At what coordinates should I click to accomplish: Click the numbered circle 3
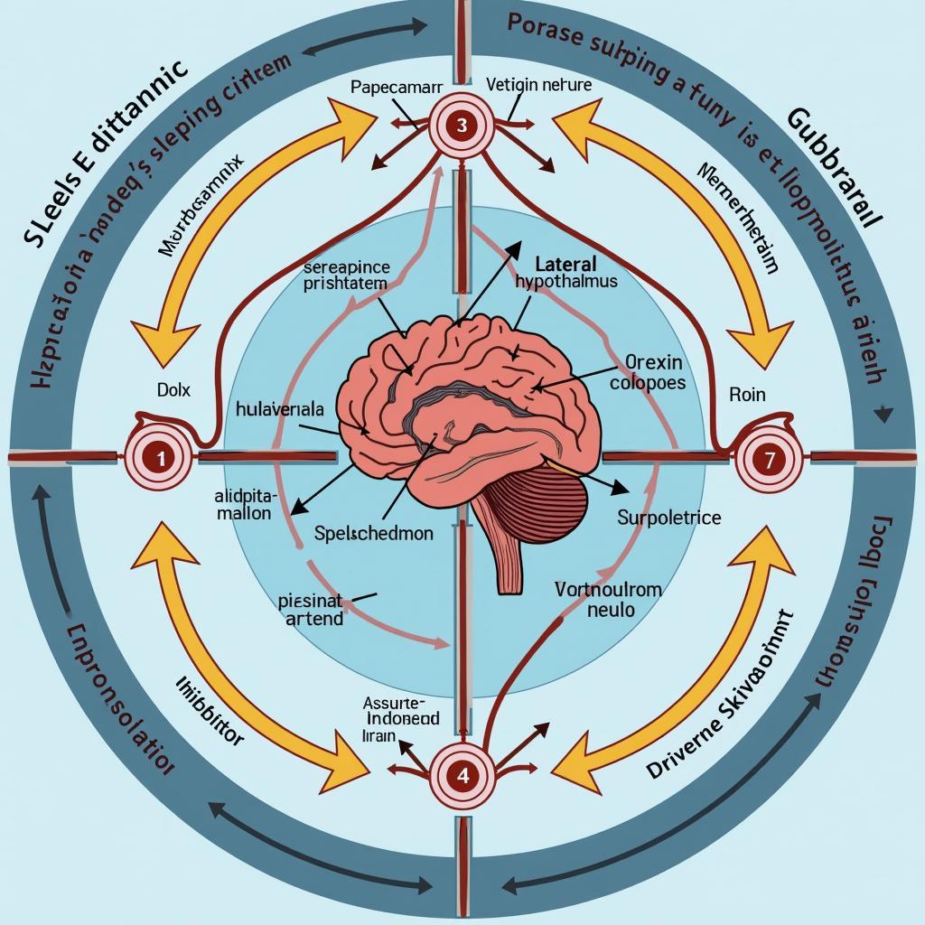[x=462, y=126]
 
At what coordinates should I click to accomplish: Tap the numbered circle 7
[x=768, y=458]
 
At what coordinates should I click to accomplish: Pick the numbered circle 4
[x=462, y=773]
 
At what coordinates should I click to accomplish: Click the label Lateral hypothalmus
[x=566, y=272]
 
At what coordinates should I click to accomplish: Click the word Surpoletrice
[x=668, y=518]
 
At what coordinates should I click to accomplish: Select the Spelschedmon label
[x=374, y=533]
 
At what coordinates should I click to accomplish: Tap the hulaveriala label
[x=279, y=408]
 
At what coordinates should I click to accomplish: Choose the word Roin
[x=747, y=394]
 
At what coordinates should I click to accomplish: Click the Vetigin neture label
[x=539, y=86]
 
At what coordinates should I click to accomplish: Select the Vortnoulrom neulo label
[x=607, y=599]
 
